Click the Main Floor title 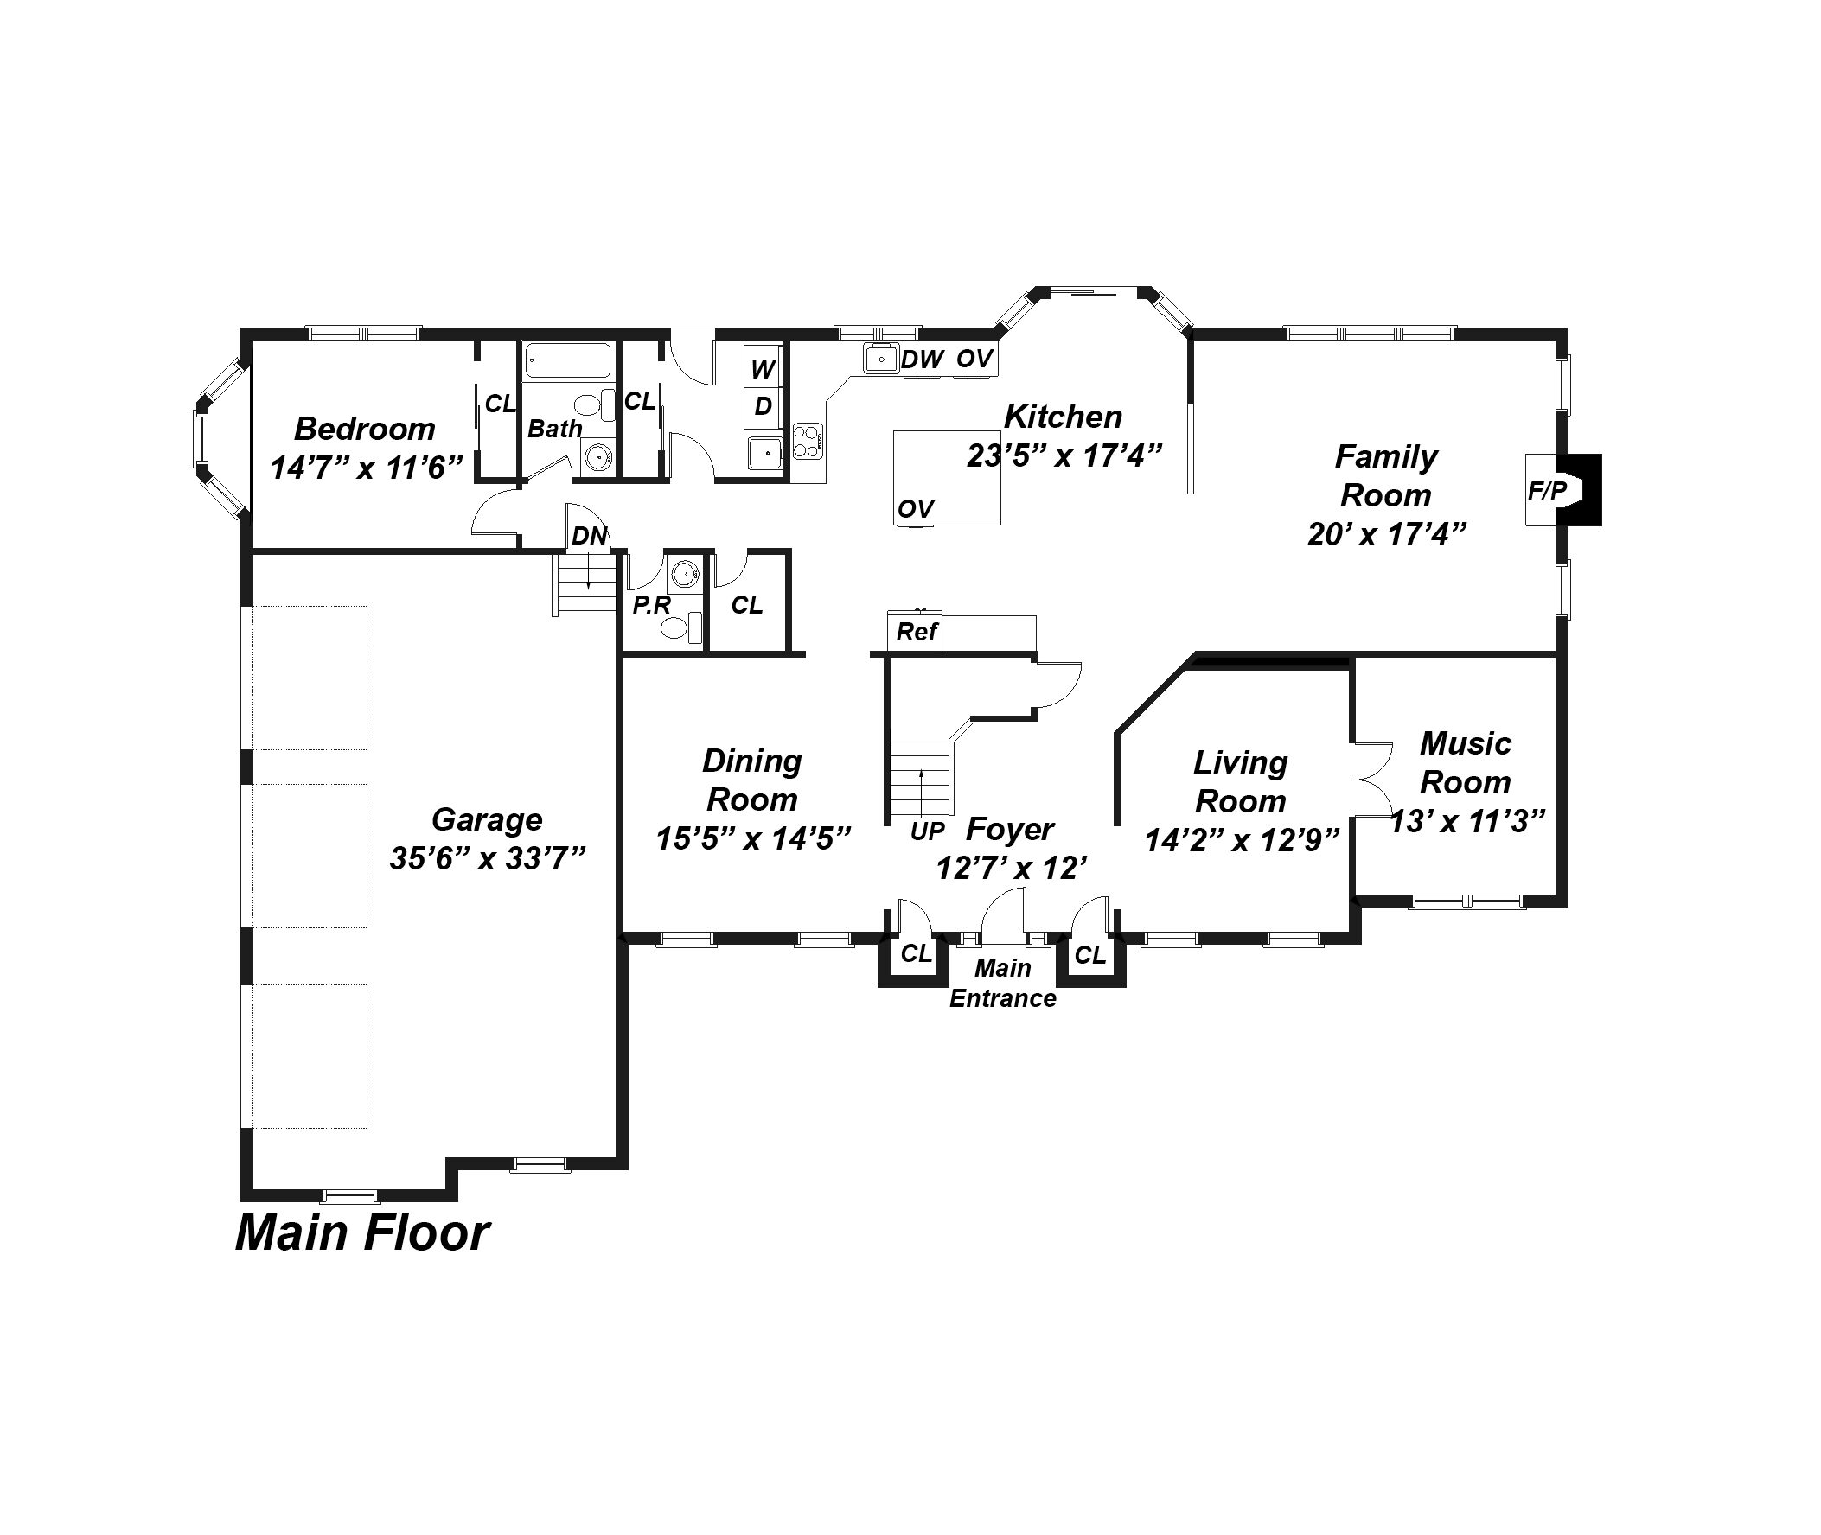point(362,1234)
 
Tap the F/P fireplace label point(1547,491)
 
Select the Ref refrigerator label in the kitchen point(917,632)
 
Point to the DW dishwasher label point(922,360)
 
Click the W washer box point(763,369)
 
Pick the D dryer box point(763,406)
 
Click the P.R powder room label point(652,606)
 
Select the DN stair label point(589,536)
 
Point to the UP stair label point(927,832)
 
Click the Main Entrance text point(1003,984)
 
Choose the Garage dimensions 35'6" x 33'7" point(488,859)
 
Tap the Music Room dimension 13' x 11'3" point(1467,820)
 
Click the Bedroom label point(365,428)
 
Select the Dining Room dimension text point(753,838)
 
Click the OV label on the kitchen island point(916,509)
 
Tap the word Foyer point(1010,829)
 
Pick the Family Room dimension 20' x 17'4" point(1387,533)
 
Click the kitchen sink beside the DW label point(881,359)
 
